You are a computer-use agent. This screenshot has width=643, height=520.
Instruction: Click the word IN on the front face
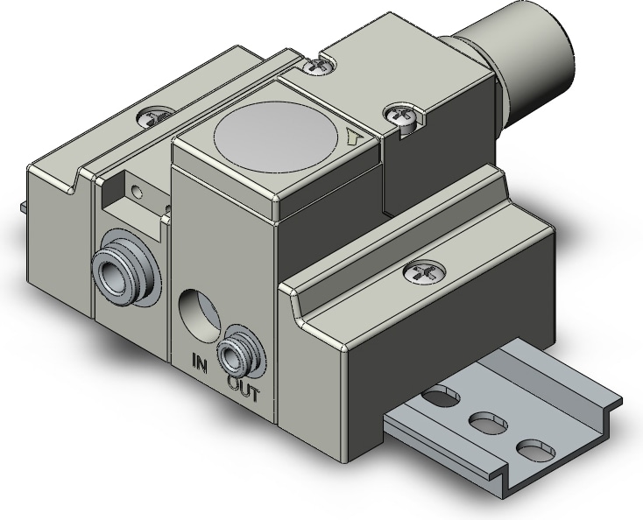[x=201, y=360]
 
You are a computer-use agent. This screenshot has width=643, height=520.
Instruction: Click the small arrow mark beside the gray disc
[x=354, y=137]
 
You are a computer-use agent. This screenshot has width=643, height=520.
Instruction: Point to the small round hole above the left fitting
[x=135, y=189]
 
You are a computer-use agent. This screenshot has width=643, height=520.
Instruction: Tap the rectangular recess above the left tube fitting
[x=132, y=206]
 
